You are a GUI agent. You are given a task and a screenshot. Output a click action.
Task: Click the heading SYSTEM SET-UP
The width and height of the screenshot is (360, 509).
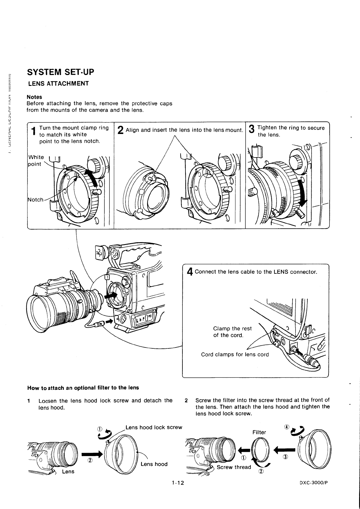tap(61, 72)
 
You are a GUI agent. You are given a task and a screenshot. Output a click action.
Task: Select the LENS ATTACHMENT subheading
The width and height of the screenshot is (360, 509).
tap(58, 83)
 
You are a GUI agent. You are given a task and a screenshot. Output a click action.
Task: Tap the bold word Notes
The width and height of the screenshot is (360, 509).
tap(34, 97)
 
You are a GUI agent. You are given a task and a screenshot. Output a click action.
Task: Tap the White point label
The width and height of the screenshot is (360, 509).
tap(36, 161)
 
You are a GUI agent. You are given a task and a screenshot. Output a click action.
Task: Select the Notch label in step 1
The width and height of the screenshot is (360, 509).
tap(35, 200)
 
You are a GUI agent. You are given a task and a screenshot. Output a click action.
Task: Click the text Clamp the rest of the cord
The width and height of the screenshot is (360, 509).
tap(232, 332)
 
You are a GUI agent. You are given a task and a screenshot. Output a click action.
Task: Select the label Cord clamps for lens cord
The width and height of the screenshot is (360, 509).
tap(235, 354)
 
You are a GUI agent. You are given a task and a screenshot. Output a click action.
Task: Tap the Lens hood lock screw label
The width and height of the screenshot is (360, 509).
tap(154, 427)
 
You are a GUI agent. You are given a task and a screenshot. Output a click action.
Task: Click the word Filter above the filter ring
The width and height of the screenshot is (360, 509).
tap(259, 432)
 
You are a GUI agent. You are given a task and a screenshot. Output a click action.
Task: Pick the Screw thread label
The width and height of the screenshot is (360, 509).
tap(234, 467)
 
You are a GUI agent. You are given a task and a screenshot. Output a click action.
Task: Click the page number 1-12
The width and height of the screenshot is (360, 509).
tap(177, 483)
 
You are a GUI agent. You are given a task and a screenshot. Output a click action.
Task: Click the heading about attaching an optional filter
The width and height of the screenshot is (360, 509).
tap(83, 388)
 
